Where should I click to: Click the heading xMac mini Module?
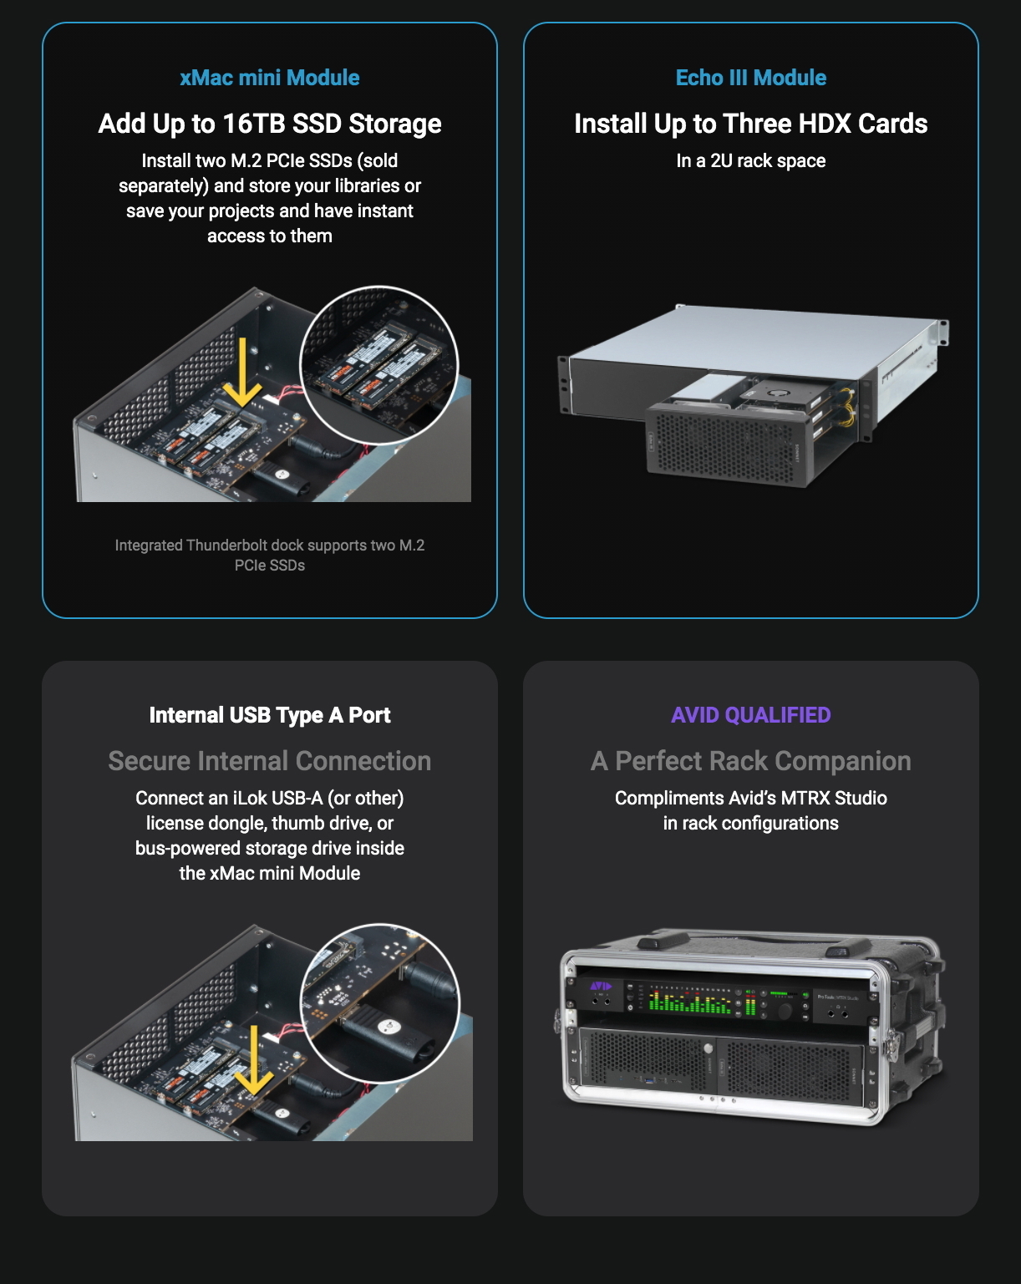(x=270, y=78)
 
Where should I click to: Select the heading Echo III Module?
(x=750, y=78)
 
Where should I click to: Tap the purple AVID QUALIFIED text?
(x=750, y=715)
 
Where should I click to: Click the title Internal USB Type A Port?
(x=270, y=715)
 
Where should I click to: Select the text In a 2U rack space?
(x=750, y=160)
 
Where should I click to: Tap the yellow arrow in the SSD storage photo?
(x=241, y=373)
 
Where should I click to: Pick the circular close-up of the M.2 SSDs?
(x=378, y=365)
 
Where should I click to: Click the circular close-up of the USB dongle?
(x=380, y=1003)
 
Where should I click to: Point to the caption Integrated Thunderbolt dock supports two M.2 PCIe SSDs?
(x=270, y=555)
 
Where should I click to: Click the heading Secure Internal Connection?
(x=270, y=761)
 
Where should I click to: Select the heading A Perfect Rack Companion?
(x=750, y=761)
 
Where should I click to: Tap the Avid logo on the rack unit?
(x=600, y=987)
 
